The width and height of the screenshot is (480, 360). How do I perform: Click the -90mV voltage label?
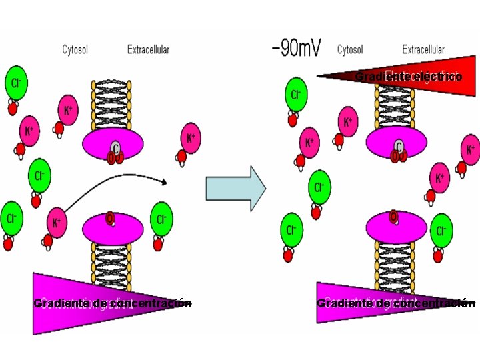click(296, 49)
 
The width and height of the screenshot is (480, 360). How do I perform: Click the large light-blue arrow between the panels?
click(235, 189)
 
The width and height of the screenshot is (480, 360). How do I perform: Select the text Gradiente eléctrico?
click(409, 77)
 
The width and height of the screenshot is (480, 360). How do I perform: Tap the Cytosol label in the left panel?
click(75, 49)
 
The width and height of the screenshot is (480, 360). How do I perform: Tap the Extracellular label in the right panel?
click(423, 49)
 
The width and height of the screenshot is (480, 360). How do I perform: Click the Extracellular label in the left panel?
click(148, 49)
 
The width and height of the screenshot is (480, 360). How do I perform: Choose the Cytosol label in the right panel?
click(350, 49)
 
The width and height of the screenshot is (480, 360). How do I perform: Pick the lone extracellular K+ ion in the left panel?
click(191, 139)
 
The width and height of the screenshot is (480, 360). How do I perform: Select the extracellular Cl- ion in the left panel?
click(161, 219)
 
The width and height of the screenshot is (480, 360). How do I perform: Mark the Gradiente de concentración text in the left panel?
click(113, 303)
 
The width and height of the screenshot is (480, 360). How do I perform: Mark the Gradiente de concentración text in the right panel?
click(396, 303)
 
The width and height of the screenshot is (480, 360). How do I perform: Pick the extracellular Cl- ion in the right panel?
click(441, 230)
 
